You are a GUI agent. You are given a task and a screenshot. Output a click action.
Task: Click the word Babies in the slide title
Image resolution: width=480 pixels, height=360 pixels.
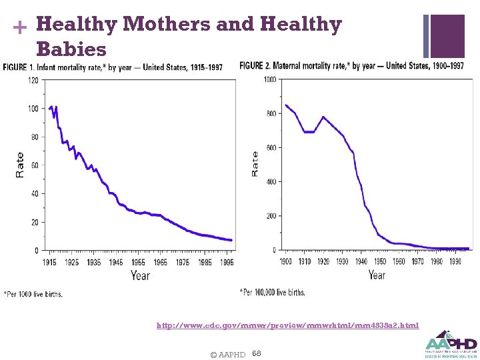(71, 49)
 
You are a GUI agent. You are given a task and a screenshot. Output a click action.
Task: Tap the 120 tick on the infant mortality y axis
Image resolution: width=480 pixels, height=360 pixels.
(33, 80)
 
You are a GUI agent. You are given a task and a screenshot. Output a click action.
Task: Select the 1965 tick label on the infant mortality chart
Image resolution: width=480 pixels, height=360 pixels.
(160, 262)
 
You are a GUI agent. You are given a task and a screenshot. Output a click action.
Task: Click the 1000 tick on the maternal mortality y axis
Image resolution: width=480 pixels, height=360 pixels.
(269, 79)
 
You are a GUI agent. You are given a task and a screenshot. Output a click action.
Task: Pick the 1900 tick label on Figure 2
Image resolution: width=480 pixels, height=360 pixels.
(286, 261)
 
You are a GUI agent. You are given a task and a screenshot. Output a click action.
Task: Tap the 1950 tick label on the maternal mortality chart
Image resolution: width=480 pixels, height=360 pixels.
(380, 261)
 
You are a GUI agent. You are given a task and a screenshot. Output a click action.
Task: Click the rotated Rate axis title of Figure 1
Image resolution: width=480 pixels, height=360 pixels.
(20, 165)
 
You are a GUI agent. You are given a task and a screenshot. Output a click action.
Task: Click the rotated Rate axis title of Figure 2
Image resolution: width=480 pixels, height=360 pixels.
(255, 163)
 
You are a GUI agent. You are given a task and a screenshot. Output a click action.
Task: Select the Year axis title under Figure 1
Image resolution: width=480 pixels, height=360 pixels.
(140, 275)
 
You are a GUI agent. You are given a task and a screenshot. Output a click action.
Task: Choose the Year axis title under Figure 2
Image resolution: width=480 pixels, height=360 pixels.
(377, 274)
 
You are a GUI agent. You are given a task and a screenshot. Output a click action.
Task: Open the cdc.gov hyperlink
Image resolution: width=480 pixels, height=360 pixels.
(287, 325)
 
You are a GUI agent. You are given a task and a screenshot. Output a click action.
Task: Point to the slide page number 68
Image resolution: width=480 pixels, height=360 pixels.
(257, 353)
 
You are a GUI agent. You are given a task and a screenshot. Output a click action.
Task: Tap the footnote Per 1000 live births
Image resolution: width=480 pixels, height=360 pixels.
(33, 294)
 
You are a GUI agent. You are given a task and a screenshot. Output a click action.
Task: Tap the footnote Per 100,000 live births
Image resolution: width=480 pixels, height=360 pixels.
(272, 293)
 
